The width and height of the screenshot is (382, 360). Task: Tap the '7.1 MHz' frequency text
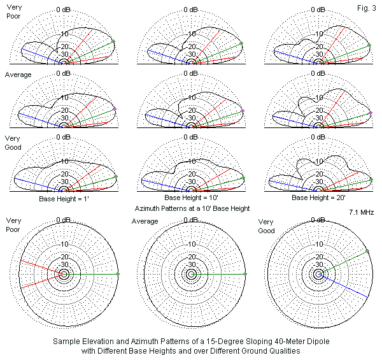point(362,212)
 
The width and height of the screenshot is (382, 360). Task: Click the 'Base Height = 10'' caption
point(192,198)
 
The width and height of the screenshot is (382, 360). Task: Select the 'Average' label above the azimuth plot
point(145,221)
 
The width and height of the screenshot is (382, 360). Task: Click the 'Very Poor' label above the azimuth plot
point(13,225)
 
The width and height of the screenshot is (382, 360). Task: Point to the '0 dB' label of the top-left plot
point(65,10)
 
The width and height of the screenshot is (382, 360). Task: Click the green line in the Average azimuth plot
point(220,274)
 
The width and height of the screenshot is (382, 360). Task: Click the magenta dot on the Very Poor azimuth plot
point(119,274)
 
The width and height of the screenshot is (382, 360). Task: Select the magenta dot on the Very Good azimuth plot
point(367,252)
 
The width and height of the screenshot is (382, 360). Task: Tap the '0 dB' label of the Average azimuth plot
point(192,221)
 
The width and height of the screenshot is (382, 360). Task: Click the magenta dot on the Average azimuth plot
point(246,274)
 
